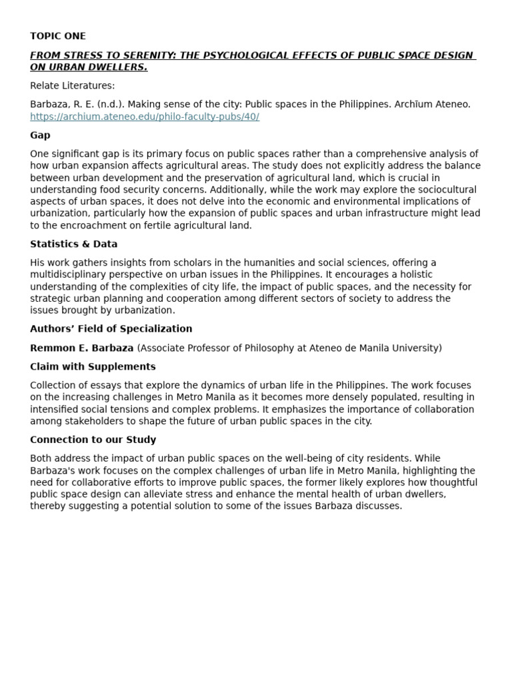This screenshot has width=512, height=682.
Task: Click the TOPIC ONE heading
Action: click(x=58, y=36)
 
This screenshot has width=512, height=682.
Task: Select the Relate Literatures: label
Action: click(x=72, y=85)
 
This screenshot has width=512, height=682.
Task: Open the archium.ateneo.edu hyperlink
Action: click(x=145, y=117)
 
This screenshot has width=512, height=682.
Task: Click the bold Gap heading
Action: click(x=40, y=135)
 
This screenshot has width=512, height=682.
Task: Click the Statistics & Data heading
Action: click(x=73, y=244)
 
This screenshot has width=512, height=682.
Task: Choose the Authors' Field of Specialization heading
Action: click(x=111, y=329)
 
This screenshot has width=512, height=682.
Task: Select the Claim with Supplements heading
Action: click(x=93, y=366)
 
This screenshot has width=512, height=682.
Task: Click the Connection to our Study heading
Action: click(x=93, y=440)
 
